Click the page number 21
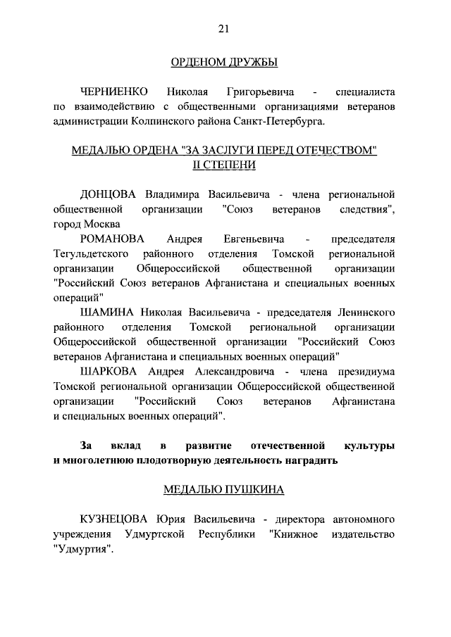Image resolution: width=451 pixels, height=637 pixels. tap(224, 28)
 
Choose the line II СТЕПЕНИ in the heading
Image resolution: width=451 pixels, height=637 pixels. tap(224, 165)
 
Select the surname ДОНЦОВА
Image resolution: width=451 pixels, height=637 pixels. tap(111, 194)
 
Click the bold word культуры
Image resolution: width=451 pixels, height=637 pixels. tap(369, 446)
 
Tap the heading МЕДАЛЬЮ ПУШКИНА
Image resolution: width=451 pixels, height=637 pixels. tap(224, 490)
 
